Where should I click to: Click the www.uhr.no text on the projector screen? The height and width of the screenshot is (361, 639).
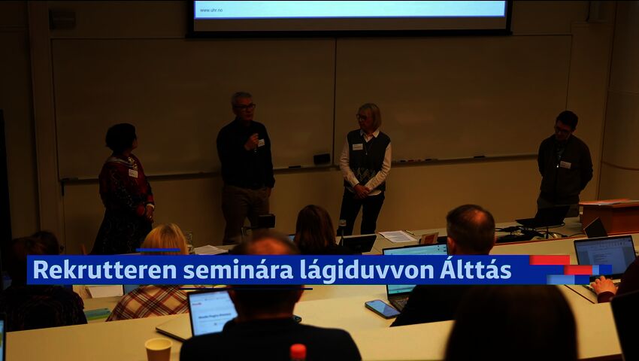(x=211, y=10)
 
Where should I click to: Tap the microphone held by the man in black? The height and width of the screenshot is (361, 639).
(x=255, y=138)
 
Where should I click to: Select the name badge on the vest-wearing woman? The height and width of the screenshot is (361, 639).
(x=357, y=147)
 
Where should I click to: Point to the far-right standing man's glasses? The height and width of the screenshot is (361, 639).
(x=562, y=129)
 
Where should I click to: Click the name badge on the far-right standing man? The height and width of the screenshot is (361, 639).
(x=565, y=164)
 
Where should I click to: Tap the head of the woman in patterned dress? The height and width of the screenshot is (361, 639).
(x=120, y=138)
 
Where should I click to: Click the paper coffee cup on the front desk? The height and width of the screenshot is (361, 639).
(x=158, y=349)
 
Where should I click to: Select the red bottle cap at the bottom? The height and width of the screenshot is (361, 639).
(x=298, y=350)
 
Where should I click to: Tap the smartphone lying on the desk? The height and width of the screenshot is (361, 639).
(x=382, y=308)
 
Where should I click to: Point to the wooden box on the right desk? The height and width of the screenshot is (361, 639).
(x=610, y=216)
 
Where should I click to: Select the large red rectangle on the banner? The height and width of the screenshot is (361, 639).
(x=550, y=260)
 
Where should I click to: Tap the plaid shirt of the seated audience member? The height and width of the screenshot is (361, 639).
(x=149, y=302)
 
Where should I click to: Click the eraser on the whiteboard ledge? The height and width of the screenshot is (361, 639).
(x=322, y=159)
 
